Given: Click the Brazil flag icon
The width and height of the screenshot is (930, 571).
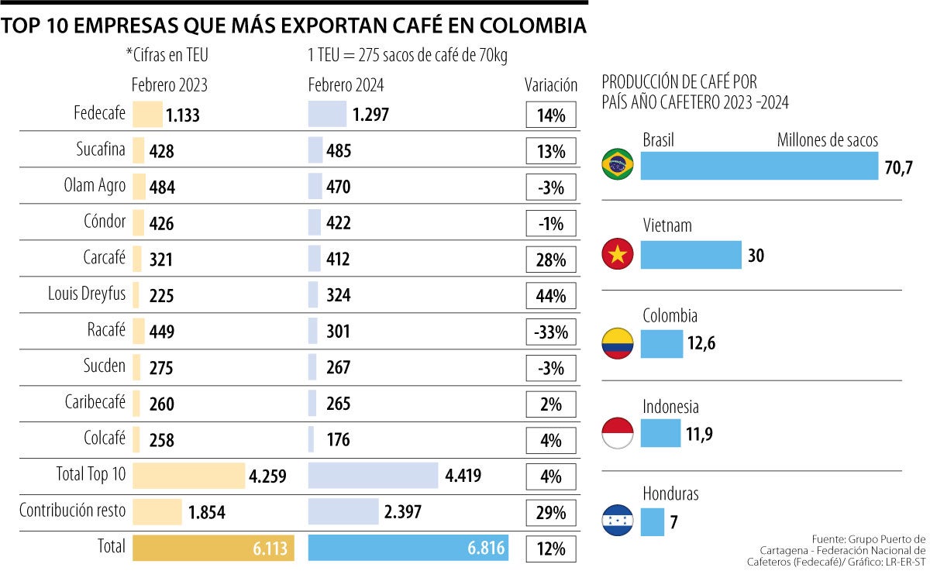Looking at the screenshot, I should (618, 164).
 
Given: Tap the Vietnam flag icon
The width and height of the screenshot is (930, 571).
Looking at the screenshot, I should (618, 253).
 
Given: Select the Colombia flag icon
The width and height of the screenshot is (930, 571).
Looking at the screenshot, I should (618, 342).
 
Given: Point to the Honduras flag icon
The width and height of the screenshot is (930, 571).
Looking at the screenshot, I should (618, 521).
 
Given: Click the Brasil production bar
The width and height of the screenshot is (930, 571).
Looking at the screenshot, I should (759, 166).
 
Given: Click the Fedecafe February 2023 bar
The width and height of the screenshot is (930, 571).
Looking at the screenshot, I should (147, 115).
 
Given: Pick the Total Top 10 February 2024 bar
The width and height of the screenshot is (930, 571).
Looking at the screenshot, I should (373, 476).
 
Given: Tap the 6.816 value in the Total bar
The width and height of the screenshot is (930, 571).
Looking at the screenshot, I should (486, 549).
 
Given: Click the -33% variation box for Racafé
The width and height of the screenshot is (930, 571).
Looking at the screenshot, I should (550, 332).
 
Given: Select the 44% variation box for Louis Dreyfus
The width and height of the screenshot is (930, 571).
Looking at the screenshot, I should (550, 296).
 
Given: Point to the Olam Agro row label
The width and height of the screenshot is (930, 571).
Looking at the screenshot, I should (95, 186).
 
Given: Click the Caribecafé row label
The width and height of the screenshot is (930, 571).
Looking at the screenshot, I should (95, 403).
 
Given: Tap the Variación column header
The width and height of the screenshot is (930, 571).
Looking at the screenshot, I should (550, 85).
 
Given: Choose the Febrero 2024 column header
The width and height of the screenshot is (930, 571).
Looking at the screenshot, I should (346, 85).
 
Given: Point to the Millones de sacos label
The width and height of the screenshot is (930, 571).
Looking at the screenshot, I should (828, 140).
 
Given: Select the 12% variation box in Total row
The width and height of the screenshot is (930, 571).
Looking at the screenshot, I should (550, 549).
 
